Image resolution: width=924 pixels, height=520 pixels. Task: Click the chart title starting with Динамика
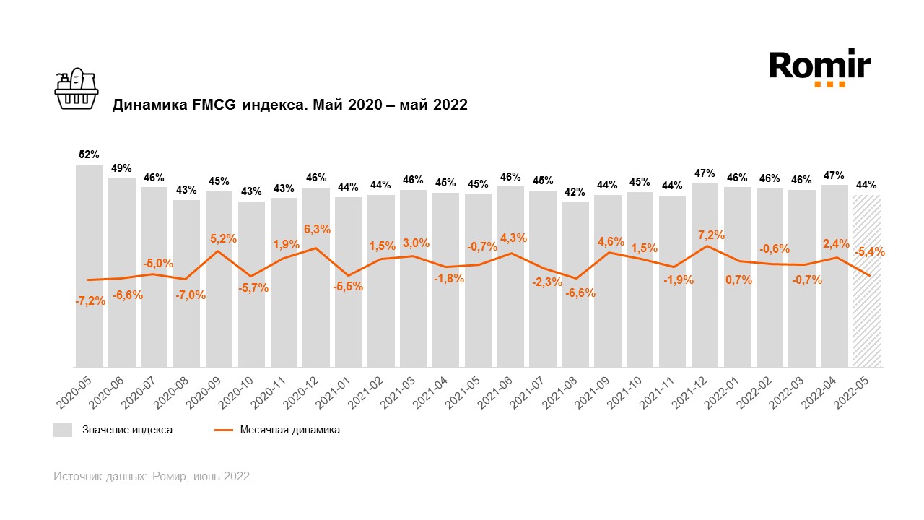click(x=289, y=105)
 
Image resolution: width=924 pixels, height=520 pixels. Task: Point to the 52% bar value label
click(x=89, y=155)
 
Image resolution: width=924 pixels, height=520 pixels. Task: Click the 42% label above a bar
click(x=575, y=192)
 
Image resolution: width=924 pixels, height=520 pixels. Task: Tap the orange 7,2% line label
click(x=711, y=235)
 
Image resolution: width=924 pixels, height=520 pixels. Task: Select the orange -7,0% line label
click(x=191, y=295)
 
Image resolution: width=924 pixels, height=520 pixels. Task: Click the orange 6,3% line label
click(x=316, y=229)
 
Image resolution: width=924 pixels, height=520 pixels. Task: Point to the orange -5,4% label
click(x=870, y=252)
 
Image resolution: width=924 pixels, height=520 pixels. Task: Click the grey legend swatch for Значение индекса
click(x=63, y=430)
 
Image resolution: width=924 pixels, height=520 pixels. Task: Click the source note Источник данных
click(x=152, y=477)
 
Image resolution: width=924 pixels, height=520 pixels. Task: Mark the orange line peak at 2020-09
click(x=219, y=251)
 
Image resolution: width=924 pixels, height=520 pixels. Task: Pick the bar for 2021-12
click(x=705, y=274)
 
